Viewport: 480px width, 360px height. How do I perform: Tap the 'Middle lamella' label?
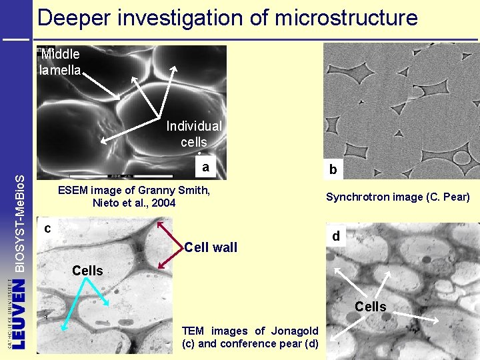[x=60, y=61]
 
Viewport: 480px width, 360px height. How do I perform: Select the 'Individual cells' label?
[x=193, y=133]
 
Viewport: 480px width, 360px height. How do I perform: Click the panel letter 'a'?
[x=207, y=167]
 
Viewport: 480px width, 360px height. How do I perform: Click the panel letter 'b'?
[x=333, y=171]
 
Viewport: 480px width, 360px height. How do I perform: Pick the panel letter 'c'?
[x=47, y=228]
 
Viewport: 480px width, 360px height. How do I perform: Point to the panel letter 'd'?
[x=336, y=236]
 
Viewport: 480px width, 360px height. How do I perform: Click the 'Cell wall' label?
[x=211, y=248]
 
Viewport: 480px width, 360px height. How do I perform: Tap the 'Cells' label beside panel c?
[x=87, y=271]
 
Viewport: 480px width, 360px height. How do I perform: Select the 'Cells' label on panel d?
[x=371, y=307]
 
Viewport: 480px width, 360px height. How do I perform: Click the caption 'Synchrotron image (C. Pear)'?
[x=398, y=197]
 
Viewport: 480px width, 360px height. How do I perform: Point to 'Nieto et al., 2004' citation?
[x=134, y=203]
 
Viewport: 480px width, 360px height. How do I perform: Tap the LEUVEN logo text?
[x=19, y=313]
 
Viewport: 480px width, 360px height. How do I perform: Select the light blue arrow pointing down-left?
[x=73, y=306]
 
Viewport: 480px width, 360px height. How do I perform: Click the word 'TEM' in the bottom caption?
[x=193, y=331]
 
